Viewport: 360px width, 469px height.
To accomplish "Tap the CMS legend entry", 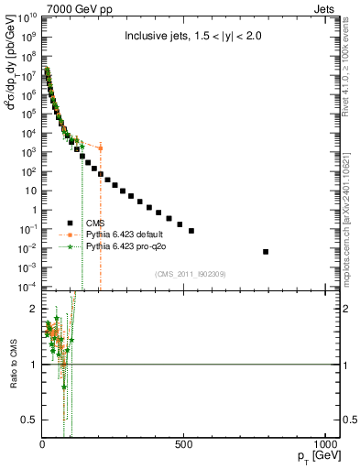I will (x=94, y=222).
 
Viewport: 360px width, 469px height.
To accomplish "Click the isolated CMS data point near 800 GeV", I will (x=266, y=251).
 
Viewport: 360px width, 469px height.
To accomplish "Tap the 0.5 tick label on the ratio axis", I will (x=31, y=420).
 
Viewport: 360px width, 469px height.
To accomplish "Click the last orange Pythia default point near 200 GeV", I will (x=100, y=147).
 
